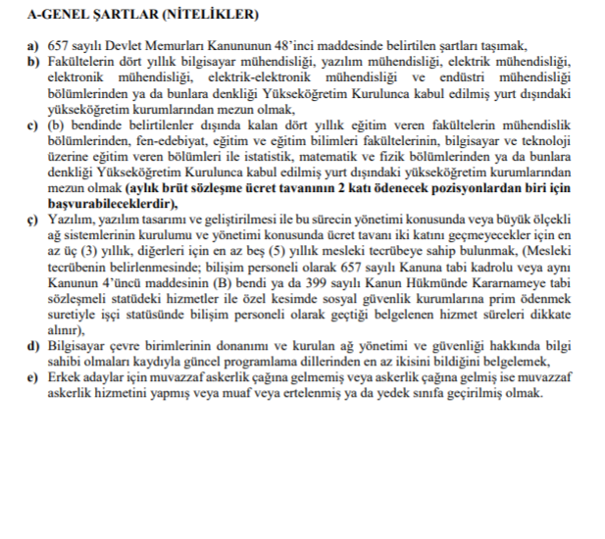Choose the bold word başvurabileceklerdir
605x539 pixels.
[x=108, y=204]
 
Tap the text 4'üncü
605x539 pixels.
[x=112, y=280]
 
